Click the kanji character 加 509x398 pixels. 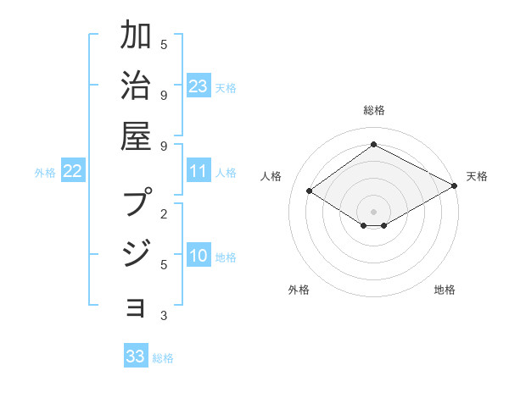(x=136, y=37)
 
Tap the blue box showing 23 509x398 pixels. (x=199, y=86)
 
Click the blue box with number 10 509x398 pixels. (x=199, y=257)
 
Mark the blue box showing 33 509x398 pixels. (x=136, y=357)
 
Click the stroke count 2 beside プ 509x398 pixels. (x=164, y=213)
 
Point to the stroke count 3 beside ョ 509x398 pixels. (x=164, y=316)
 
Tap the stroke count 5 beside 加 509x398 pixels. (x=164, y=44)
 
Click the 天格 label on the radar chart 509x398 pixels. (x=477, y=176)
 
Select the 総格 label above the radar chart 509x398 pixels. (x=373, y=110)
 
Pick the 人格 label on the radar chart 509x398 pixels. (x=271, y=176)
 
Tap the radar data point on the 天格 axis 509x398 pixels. (x=455, y=186)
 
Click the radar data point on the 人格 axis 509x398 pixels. (x=310, y=191)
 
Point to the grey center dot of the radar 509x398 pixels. (x=373, y=211)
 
